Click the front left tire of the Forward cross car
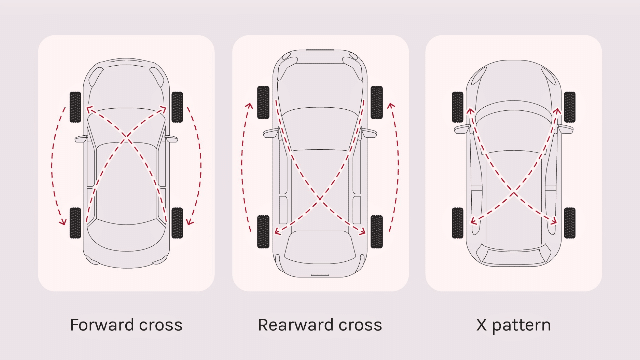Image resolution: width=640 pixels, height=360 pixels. click(x=75, y=107)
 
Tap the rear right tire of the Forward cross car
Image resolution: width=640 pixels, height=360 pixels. click(x=177, y=223)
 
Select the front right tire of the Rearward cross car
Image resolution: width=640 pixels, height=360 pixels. click(x=377, y=102)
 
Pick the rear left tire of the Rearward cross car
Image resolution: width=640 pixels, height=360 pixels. click(x=263, y=232)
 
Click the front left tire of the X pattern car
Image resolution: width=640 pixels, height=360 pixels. click(x=458, y=107)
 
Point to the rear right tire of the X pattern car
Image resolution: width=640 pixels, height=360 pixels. click(x=570, y=223)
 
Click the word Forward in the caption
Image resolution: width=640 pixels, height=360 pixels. click(x=102, y=325)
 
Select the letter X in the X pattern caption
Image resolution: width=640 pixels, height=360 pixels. click(x=481, y=325)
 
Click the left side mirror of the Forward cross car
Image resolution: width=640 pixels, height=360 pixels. click(x=81, y=139)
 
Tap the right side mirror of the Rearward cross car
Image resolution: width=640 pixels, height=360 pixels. click(x=370, y=133)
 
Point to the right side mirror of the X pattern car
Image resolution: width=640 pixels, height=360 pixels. click(x=566, y=129)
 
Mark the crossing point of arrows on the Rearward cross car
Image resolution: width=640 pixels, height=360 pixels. click(x=320, y=199)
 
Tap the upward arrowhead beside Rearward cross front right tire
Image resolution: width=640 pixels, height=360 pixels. click(x=391, y=106)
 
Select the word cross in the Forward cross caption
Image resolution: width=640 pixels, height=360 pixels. click(x=161, y=325)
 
